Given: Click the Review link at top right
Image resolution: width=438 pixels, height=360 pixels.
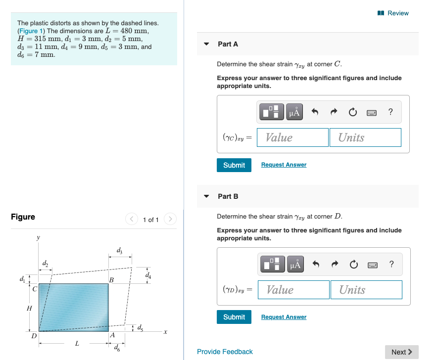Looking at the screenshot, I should [394, 13].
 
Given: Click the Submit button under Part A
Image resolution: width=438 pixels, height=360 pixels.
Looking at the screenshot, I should [234, 165].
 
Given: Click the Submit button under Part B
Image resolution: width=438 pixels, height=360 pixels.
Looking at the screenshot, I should [234, 317].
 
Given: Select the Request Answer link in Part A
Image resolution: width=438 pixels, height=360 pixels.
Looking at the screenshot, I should [284, 165].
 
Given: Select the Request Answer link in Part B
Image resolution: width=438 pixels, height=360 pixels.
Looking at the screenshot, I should [284, 317].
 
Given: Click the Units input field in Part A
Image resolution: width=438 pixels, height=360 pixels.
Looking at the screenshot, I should [365, 137].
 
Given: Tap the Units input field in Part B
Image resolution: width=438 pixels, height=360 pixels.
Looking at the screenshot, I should [366, 290].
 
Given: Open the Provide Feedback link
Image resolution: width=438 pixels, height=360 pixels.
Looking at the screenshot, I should [225, 352].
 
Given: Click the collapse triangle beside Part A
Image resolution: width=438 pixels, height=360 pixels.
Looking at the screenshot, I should [206, 44].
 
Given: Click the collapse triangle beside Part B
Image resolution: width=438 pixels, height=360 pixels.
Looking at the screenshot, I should [206, 196].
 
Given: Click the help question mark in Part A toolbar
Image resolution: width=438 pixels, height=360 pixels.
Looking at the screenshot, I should [390, 112].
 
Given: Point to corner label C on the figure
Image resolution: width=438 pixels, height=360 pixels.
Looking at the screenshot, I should [34, 289].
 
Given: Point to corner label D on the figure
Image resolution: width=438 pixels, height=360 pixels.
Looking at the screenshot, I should [34, 336].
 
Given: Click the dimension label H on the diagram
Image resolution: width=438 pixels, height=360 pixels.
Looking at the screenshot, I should [29, 309].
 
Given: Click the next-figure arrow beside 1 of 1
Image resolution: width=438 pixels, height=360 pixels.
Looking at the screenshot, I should [170, 220].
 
